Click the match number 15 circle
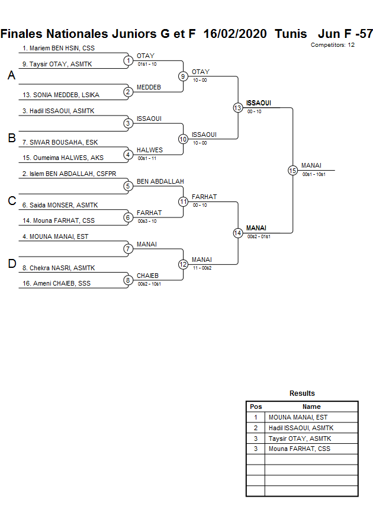click(292, 171)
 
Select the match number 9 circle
click(184, 76)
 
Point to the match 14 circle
click(238, 233)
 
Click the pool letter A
click(11, 76)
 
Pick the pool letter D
click(11, 264)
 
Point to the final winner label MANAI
click(311, 165)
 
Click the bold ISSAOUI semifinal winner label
click(259, 103)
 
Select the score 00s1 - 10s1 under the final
click(314, 174)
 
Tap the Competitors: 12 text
click(332, 45)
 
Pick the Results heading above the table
click(302, 393)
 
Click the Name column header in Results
click(311, 407)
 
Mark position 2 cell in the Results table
click(256, 428)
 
